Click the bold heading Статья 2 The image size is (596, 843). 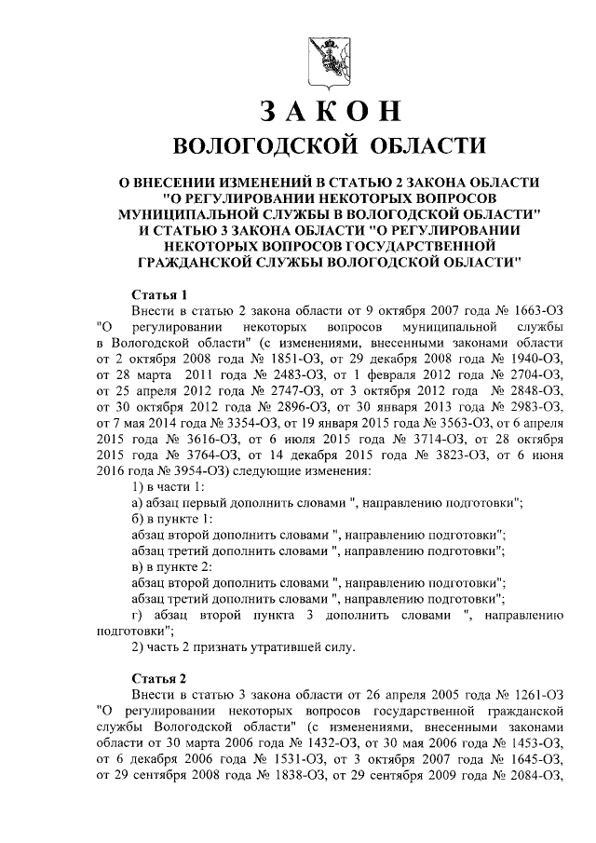pos(160,676)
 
